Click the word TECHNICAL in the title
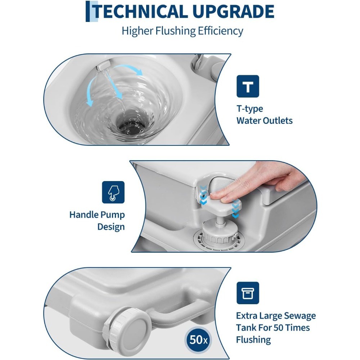(x=141, y=12)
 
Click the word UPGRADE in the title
(x=233, y=12)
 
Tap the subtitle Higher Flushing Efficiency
(x=182, y=31)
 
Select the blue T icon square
(x=248, y=86)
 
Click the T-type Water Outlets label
(x=265, y=114)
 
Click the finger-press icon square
(x=113, y=192)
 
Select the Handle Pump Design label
(x=97, y=221)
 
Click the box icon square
(x=248, y=293)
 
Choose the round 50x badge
(x=198, y=339)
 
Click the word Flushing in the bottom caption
(x=253, y=339)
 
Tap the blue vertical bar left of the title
(x=88, y=12)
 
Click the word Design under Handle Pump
(x=111, y=227)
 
